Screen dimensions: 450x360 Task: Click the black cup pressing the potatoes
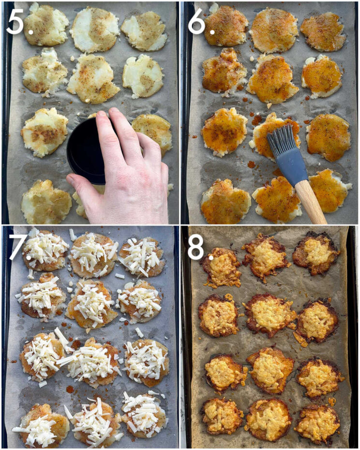[86, 150]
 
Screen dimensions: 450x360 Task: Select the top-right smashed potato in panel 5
[144, 30]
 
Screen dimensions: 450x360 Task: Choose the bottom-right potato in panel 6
[329, 191]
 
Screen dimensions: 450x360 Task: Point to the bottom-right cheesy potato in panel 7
[143, 414]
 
